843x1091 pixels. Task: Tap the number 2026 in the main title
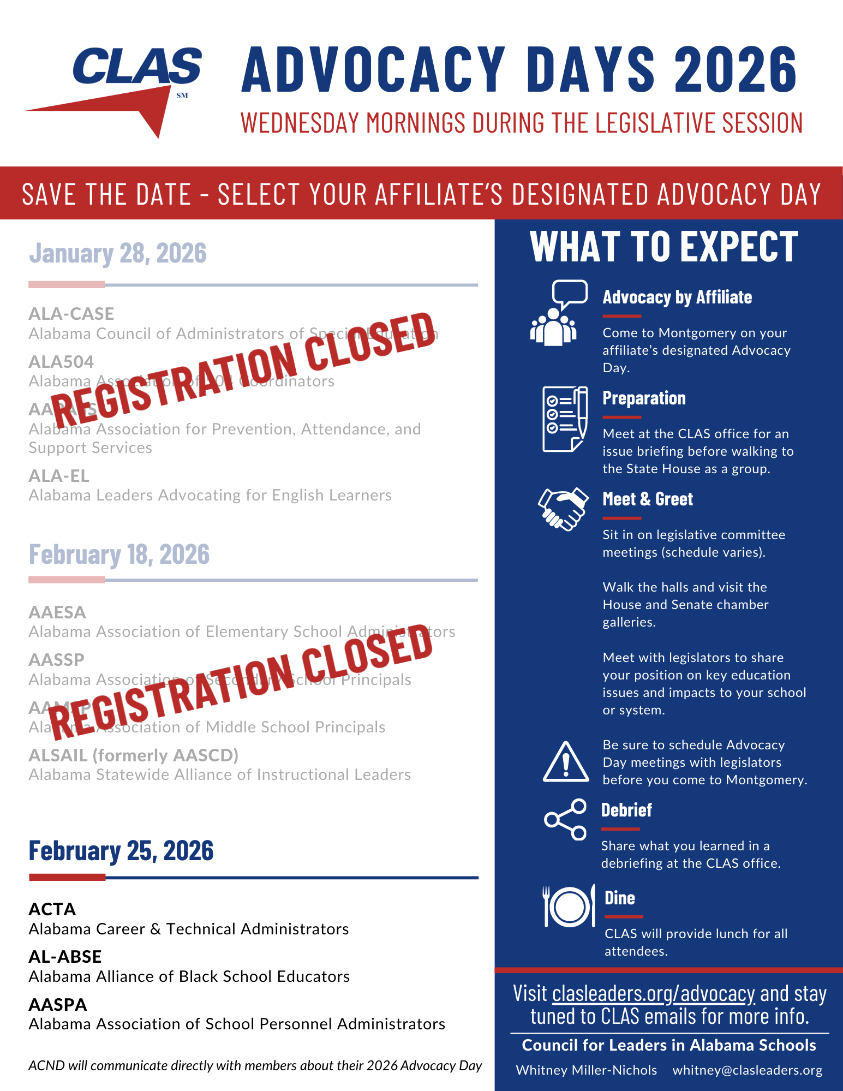pyautogui.click(x=736, y=69)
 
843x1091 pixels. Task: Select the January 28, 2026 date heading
pyautogui.click(x=118, y=253)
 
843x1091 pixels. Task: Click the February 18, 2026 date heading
pyautogui.click(x=119, y=555)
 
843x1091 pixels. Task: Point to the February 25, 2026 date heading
pyautogui.click(x=121, y=851)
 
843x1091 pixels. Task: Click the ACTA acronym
pyautogui.click(x=52, y=909)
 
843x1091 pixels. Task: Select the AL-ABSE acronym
pyautogui.click(x=65, y=957)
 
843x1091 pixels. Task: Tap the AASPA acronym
pyautogui.click(x=58, y=1005)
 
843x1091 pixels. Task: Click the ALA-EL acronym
pyautogui.click(x=59, y=476)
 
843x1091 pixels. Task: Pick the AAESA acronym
pyautogui.click(x=57, y=612)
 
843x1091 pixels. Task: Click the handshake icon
pyautogui.click(x=564, y=509)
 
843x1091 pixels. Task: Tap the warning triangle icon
pyautogui.click(x=566, y=762)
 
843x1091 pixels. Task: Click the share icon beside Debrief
pyautogui.click(x=566, y=819)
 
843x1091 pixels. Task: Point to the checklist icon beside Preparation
pyautogui.click(x=565, y=419)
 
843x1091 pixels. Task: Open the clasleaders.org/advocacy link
pyautogui.click(x=653, y=994)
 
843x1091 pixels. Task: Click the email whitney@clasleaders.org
pyautogui.click(x=747, y=1070)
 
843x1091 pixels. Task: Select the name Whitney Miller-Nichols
pyautogui.click(x=587, y=1070)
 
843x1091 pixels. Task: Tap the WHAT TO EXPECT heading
pyautogui.click(x=664, y=247)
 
